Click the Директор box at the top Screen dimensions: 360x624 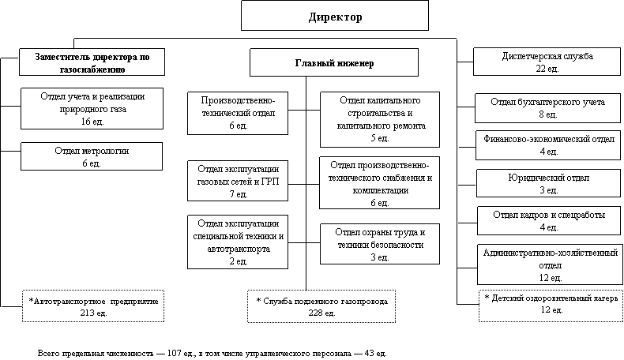tap(335, 16)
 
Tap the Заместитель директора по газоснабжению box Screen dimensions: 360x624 tap(92, 63)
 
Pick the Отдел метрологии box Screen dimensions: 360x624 tap(92, 156)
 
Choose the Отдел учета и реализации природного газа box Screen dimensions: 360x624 tap(92, 109)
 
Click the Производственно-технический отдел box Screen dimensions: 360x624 tap(238, 113)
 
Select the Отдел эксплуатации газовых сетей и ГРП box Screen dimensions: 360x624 tap(238, 182)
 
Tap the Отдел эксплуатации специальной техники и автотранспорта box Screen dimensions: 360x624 tap(238, 242)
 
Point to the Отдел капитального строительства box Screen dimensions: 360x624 tap(379, 119)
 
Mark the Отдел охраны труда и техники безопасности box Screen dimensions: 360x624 tap(379, 244)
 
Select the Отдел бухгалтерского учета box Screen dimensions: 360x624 tap(547, 108)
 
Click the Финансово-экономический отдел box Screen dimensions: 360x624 tap(547, 145)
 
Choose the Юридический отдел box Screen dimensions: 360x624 tap(547, 184)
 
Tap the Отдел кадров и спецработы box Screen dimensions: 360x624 tap(547, 221)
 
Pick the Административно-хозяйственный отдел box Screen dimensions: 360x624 tap(547, 264)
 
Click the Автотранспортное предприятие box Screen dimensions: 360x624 tap(93, 307)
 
